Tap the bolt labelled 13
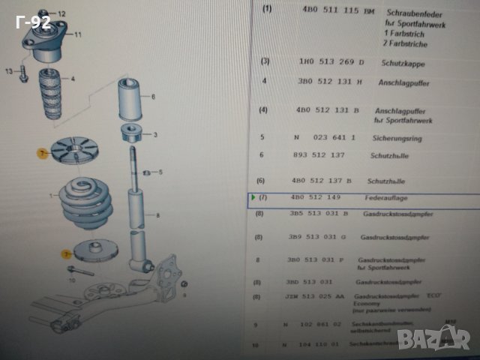pyautogui.click(x=23, y=73)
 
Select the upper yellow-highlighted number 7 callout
pyautogui.click(x=42, y=153)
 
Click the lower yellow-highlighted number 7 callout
pyautogui.click(x=65, y=254)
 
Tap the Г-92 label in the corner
pyautogui.click(x=33, y=22)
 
